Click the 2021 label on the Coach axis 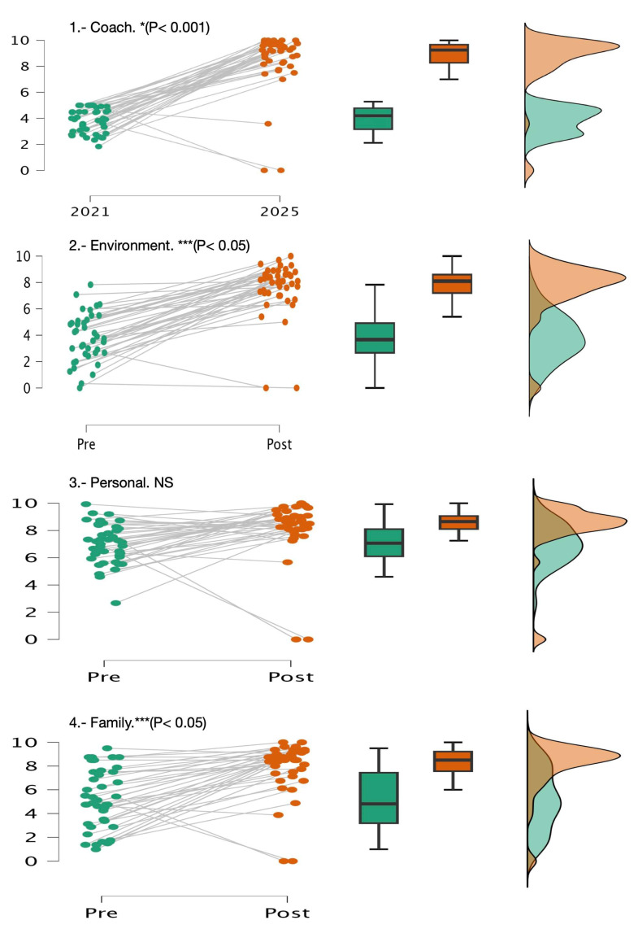pos(90,211)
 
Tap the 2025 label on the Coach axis pos(280,211)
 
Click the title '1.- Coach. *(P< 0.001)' pos(140,28)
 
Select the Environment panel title pos(159,245)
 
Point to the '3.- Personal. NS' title pos(127,482)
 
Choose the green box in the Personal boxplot pos(384,542)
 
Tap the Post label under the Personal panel pos(291,677)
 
